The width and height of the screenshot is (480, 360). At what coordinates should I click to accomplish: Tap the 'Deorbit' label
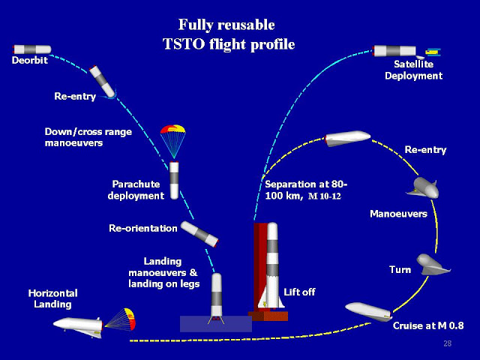tap(30, 60)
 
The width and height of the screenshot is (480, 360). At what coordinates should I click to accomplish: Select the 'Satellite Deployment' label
tap(418, 70)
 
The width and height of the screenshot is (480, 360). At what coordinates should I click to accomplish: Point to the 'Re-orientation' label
tap(143, 227)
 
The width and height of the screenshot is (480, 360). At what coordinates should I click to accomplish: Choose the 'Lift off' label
tap(298, 291)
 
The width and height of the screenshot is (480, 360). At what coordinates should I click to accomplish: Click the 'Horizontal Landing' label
tap(53, 298)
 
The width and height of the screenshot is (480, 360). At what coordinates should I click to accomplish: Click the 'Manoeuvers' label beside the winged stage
tap(397, 214)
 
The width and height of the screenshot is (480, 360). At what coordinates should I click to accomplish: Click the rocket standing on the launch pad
tap(271, 266)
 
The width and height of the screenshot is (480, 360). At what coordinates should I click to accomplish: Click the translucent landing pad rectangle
tap(215, 323)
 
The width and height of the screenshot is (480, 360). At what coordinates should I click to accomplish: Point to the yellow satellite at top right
tap(433, 52)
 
